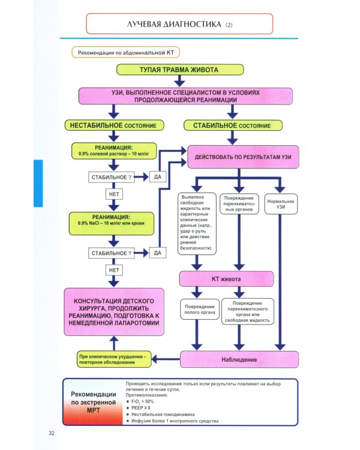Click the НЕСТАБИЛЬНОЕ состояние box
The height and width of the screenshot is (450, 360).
(113, 125)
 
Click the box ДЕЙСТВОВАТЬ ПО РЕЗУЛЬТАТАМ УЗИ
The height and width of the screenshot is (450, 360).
(244, 157)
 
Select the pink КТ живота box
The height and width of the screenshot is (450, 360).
(226, 278)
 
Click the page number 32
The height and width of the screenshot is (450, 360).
(52, 433)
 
